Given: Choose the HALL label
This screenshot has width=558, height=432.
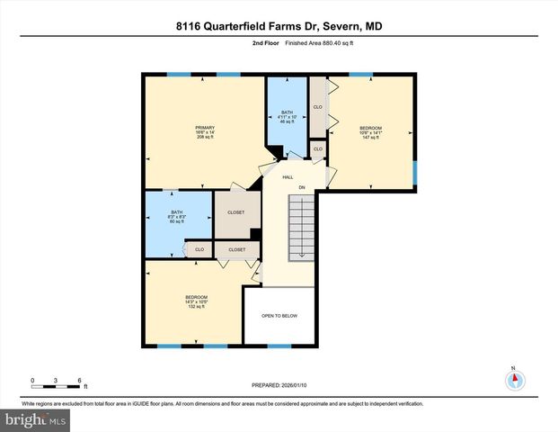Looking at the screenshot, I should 288,178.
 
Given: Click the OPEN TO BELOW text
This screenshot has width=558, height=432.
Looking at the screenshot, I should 279,316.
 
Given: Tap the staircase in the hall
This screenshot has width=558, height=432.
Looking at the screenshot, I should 301,224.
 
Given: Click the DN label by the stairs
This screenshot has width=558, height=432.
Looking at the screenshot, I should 302,187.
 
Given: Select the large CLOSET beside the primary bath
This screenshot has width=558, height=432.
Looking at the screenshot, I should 236,212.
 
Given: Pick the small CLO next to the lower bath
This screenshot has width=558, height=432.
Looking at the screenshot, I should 199,249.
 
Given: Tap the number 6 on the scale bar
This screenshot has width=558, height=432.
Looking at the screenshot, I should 80,381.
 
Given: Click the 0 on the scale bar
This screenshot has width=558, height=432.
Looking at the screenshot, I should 32,381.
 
